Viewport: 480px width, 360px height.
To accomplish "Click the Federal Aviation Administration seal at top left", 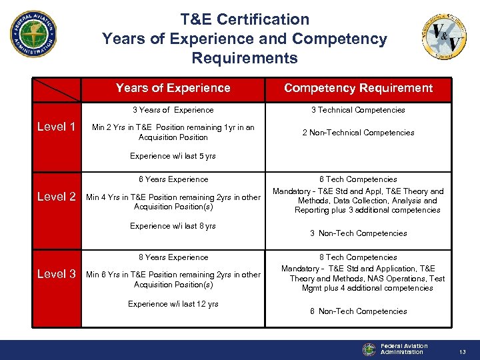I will click(33, 34).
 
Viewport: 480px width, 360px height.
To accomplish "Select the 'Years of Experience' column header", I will click(173, 88).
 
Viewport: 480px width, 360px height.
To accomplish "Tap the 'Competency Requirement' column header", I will click(358, 88).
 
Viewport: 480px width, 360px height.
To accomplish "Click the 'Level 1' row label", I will click(55, 127).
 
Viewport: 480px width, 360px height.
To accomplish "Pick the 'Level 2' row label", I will click(55, 197).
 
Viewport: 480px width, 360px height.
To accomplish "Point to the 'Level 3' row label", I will click(55, 274).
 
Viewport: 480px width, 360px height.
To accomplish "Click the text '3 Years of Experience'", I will click(173, 110).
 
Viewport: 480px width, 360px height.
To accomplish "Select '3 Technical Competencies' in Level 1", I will click(358, 110).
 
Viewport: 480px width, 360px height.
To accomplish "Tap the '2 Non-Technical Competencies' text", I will click(358, 133).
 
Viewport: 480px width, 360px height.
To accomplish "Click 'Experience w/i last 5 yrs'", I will click(173, 156).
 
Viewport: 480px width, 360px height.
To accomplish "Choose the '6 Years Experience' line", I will click(173, 179).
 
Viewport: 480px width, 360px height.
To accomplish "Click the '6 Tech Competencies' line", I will click(358, 179).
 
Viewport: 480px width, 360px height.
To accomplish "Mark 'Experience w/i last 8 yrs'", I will click(173, 226).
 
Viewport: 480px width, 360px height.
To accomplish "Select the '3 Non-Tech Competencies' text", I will click(358, 233).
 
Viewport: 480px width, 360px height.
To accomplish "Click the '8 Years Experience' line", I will click(173, 257).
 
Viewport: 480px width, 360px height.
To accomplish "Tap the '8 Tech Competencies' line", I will click(358, 257).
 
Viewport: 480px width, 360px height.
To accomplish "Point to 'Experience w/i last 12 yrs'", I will click(173, 304).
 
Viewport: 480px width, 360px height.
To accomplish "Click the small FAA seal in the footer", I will click(369, 349).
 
